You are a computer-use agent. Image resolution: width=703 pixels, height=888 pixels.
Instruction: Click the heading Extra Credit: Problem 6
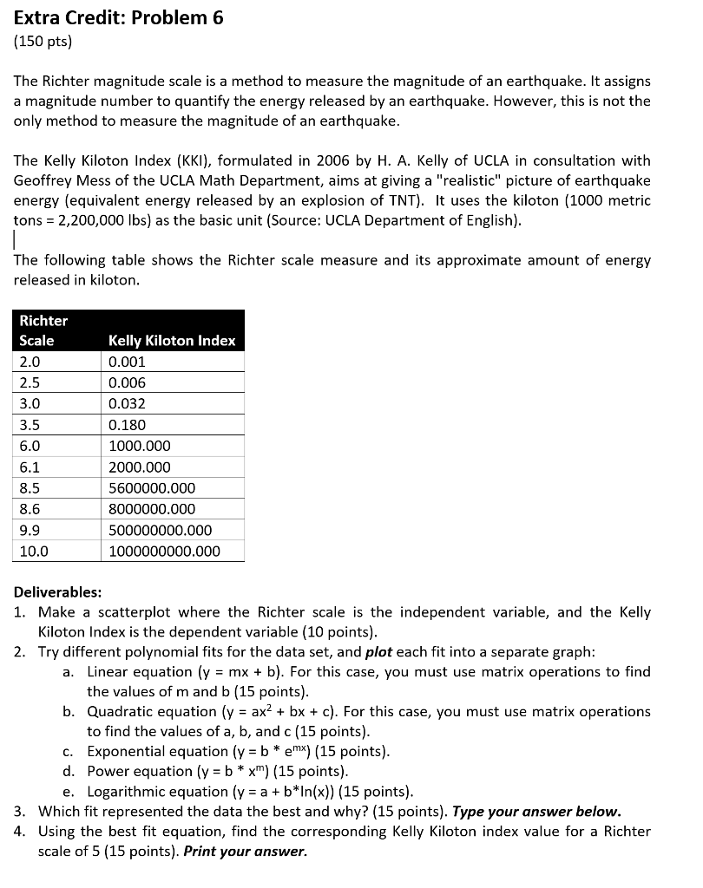click(119, 18)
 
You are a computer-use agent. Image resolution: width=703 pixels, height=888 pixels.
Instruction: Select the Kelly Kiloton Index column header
click(172, 341)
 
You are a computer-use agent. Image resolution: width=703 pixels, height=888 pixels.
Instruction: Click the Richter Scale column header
click(43, 330)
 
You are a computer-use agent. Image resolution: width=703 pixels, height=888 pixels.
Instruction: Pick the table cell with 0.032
click(127, 404)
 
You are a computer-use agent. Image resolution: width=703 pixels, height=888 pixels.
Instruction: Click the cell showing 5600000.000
click(152, 488)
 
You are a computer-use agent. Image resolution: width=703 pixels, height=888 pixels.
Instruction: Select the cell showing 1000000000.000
click(164, 552)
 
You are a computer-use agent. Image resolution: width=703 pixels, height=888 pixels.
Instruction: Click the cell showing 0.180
click(127, 425)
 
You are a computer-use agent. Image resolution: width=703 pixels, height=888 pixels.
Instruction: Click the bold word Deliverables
click(57, 592)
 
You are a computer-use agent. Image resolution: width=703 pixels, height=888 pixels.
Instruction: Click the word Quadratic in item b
click(121, 712)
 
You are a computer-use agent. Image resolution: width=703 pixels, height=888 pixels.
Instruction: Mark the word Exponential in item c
click(128, 752)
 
